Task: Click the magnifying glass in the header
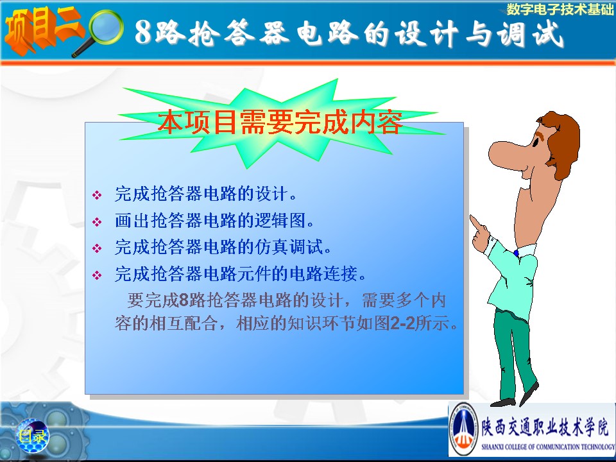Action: pos(103,31)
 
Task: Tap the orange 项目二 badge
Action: pos(42,30)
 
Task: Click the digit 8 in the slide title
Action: pos(143,31)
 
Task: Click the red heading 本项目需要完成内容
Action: pos(280,123)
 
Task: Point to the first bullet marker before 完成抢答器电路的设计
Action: pos(97,195)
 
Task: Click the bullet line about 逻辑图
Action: pos(214,220)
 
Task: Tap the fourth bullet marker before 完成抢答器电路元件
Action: pos(97,275)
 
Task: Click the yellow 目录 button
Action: pos(33,435)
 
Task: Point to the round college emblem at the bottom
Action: pos(463,429)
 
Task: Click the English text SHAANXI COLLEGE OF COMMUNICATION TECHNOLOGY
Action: pos(548,447)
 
